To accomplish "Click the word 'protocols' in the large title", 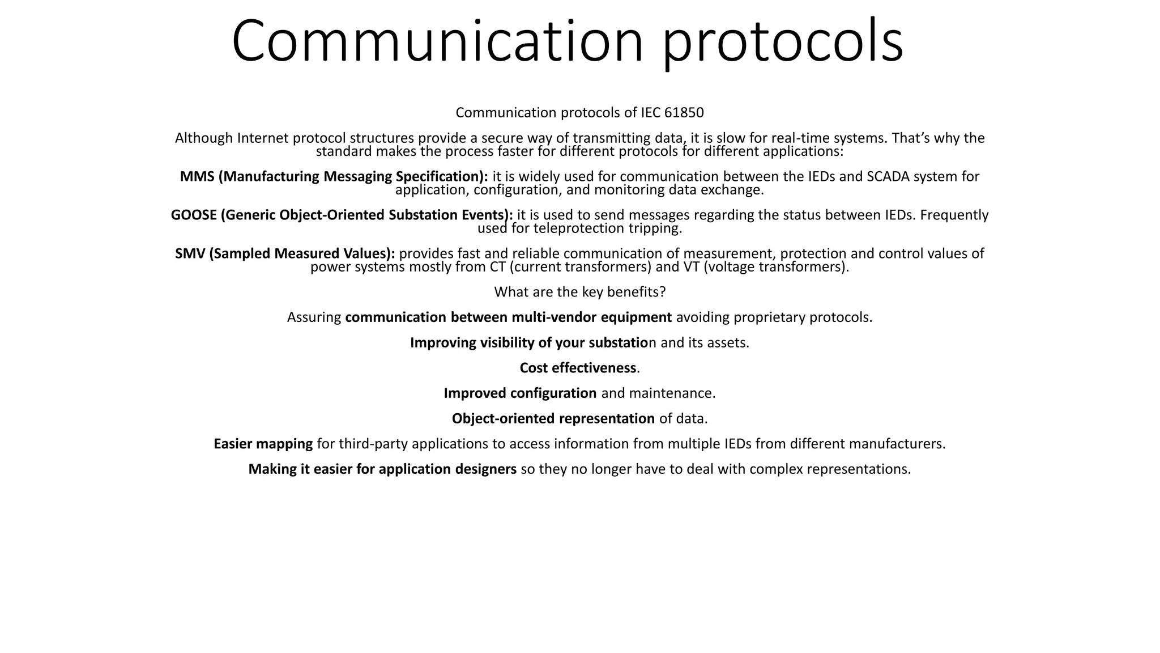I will [783, 43].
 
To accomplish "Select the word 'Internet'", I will [263, 138].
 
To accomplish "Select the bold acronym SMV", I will [190, 254].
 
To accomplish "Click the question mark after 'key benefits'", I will [662, 292].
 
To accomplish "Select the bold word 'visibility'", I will [507, 343].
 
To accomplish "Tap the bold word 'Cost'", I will [534, 368].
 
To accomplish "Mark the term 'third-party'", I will [373, 444].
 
